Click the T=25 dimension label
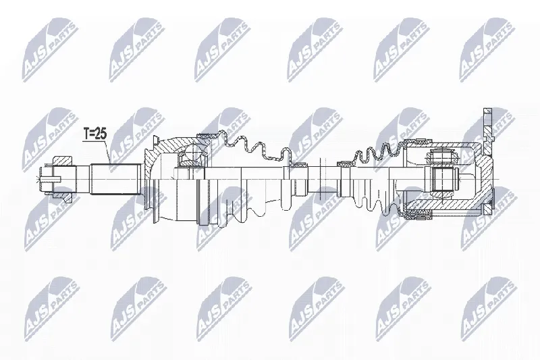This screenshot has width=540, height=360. pos(95,134)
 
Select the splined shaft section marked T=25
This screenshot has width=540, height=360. pos(116,180)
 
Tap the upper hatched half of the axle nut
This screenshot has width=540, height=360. pos(63,161)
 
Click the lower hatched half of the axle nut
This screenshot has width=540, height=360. pos(63,197)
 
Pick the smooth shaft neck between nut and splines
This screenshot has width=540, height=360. pos(82,180)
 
